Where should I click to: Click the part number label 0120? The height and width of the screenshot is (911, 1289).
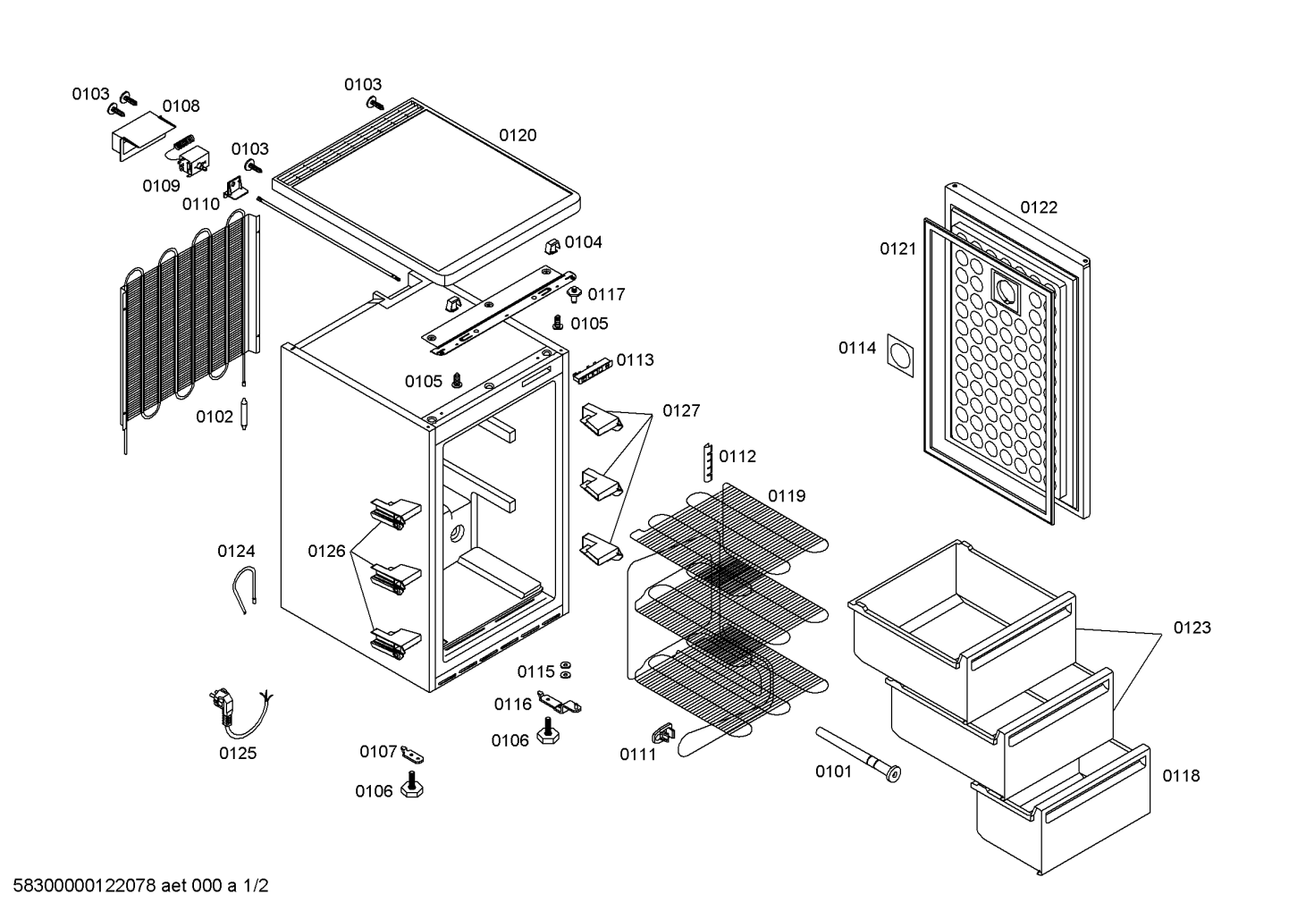point(518,135)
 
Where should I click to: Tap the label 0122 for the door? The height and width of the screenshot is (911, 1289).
point(1039,207)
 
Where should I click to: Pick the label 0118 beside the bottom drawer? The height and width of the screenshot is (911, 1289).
point(1181,776)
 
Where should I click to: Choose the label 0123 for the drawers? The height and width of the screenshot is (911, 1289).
point(1192,628)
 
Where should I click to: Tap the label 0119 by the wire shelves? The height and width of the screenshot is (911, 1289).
point(787,496)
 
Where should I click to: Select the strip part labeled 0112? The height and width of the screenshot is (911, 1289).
point(707,461)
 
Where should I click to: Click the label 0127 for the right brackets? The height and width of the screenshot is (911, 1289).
point(681,411)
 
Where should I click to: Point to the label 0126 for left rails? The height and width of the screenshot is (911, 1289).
point(326,551)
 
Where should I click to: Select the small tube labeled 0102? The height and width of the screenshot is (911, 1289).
point(244,417)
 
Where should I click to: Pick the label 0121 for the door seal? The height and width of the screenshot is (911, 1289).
point(897,249)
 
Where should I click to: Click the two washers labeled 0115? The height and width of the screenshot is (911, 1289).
point(566,671)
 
